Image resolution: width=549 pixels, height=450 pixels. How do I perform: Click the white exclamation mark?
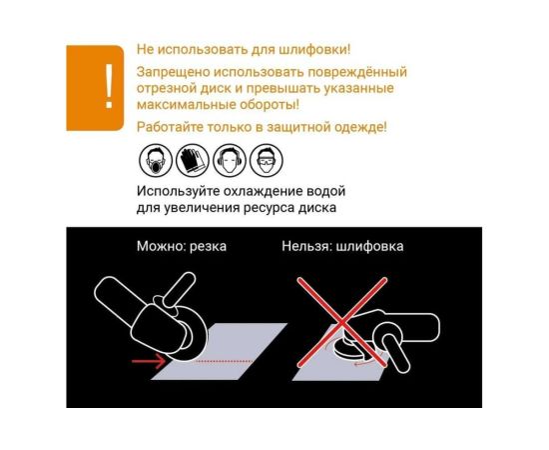[x=109, y=86]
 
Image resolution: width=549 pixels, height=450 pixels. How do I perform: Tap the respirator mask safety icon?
[x=156, y=160]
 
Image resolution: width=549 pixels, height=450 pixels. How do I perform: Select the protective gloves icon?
[x=193, y=160]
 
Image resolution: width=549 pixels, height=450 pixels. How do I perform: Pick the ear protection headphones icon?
[x=230, y=160]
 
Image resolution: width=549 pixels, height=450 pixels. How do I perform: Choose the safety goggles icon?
[x=267, y=160]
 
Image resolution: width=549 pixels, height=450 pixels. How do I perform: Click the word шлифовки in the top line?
[x=314, y=49]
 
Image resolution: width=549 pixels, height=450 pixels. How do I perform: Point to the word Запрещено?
[x=174, y=72]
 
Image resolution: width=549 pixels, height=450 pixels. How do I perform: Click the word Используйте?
[x=179, y=192]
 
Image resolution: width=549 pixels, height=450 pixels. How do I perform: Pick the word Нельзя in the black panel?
[x=306, y=246]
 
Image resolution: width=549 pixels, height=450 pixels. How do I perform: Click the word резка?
[x=208, y=247]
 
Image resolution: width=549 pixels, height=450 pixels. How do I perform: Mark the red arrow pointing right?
[x=149, y=361]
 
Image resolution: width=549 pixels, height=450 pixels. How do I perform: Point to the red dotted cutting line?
[x=225, y=361]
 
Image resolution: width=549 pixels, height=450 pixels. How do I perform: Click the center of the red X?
[x=341, y=322]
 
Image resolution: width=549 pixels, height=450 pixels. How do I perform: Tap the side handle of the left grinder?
[x=180, y=290]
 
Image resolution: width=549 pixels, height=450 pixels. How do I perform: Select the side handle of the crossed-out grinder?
[x=395, y=353]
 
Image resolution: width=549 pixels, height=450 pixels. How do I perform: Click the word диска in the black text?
[x=316, y=208]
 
